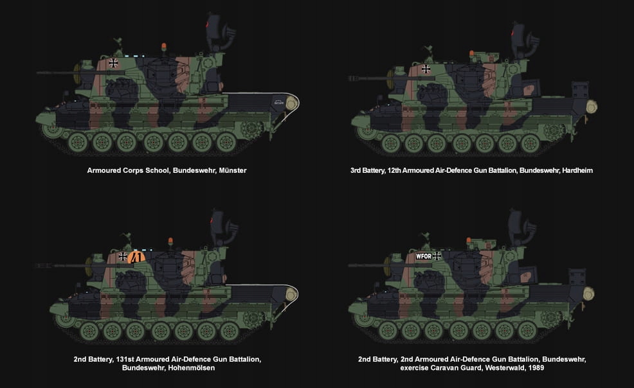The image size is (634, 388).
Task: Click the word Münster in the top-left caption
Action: click(233, 170)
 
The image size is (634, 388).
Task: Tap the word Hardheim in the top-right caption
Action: click(577, 170)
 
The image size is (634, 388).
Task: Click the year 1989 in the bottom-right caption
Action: click(536, 368)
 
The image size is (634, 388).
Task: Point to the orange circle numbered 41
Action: click(136, 257)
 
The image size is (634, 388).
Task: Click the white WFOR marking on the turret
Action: click(424, 256)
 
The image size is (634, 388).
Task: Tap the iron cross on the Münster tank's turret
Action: click(114, 62)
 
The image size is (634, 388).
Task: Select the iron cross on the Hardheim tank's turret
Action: click(426, 69)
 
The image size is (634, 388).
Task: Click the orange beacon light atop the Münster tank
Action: click(164, 47)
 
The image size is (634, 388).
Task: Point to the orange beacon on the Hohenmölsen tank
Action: click(170, 242)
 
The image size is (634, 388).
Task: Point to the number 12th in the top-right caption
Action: click(394, 170)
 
